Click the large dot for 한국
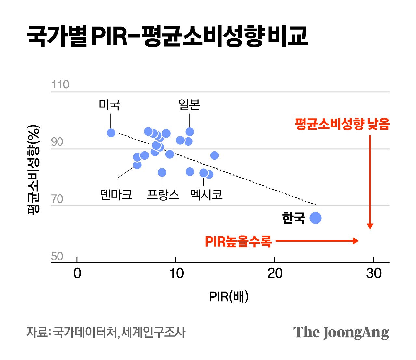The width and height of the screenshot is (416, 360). [x=316, y=218]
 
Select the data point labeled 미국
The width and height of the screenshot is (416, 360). [x=111, y=133]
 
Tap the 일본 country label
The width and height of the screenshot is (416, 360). [x=189, y=105]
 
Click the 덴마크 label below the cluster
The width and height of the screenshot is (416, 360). [x=116, y=194]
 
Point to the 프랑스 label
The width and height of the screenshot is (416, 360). [x=163, y=194]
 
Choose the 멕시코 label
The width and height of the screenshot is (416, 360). [x=206, y=194]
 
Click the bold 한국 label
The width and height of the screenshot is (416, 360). [x=293, y=218]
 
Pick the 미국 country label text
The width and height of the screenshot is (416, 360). [x=110, y=105]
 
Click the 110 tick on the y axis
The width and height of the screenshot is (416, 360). [x=60, y=85]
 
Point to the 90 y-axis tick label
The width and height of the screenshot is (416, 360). [x=57, y=142]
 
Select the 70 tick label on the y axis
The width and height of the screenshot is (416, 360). [x=57, y=199]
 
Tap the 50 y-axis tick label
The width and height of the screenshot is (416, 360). [x=57, y=257]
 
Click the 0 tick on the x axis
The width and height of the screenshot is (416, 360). [x=77, y=273]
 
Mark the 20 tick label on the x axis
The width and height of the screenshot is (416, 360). [x=275, y=273]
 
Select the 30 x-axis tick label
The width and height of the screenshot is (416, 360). [x=374, y=273]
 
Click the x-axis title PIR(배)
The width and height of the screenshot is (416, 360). [x=229, y=297]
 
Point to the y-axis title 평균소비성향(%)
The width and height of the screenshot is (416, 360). [x=33, y=169]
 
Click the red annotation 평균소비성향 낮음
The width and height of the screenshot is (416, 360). [x=342, y=124]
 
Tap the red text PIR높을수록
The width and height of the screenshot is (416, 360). [x=238, y=242]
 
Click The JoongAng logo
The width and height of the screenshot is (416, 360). [x=341, y=332]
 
